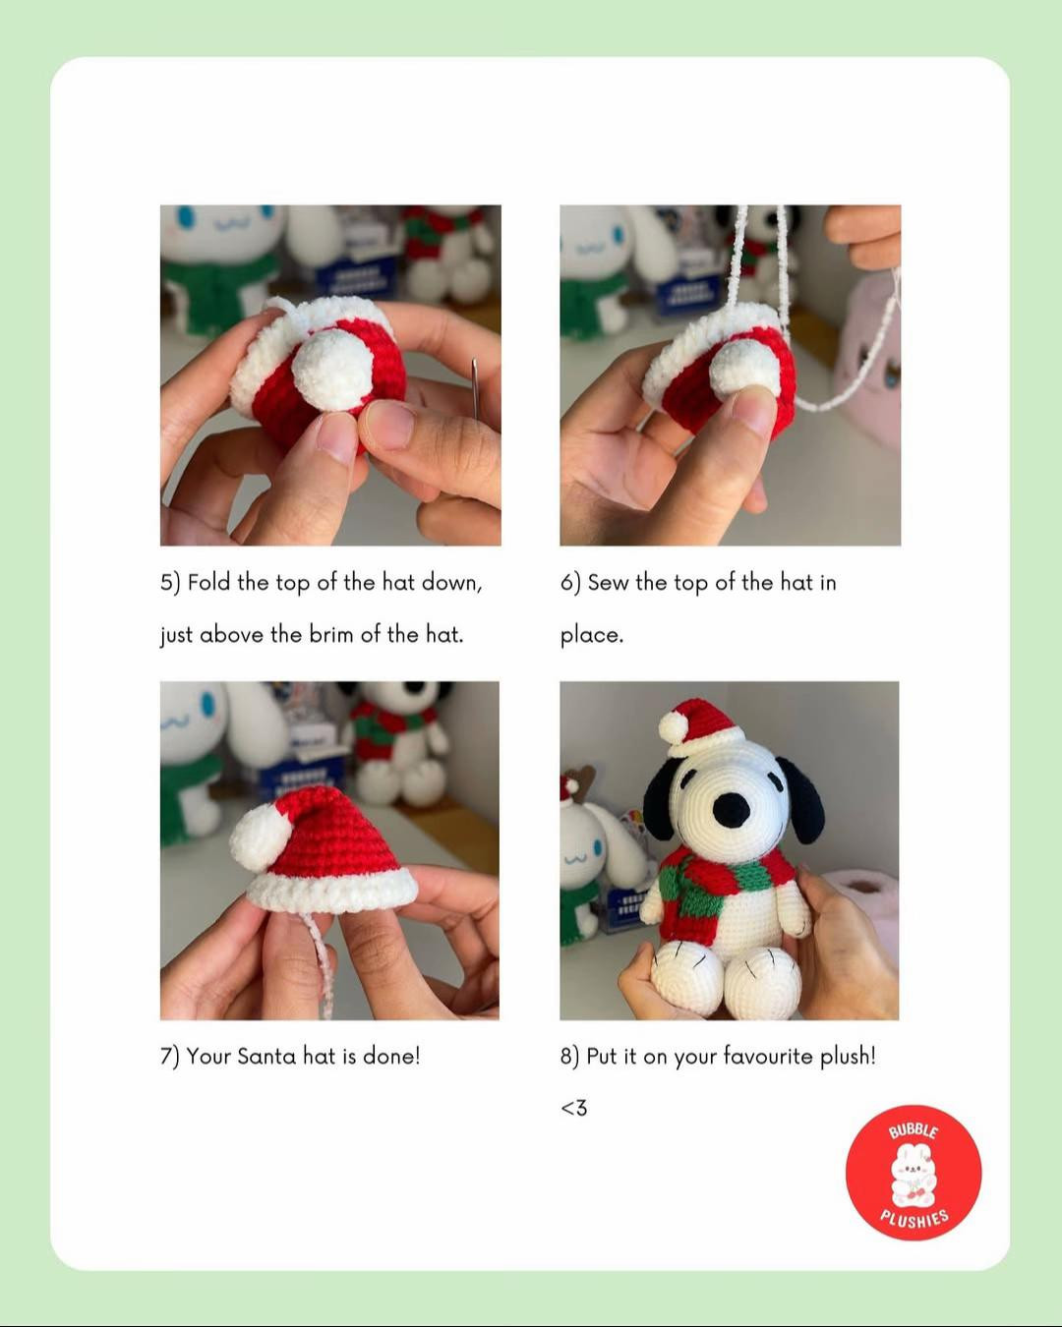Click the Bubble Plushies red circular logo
click(913, 1172)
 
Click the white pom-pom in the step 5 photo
click(332, 368)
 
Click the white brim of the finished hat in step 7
click(332, 891)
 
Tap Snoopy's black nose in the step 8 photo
click(731, 810)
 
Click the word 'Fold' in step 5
click(208, 583)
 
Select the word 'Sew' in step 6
click(608, 583)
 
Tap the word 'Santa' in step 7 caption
click(266, 1057)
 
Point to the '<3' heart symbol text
click(573, 1109)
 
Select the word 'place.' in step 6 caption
click(592, 636)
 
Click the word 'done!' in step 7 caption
click(391, 1057)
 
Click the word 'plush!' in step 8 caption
click(848, 1057)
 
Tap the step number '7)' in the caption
click(170, 1057)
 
